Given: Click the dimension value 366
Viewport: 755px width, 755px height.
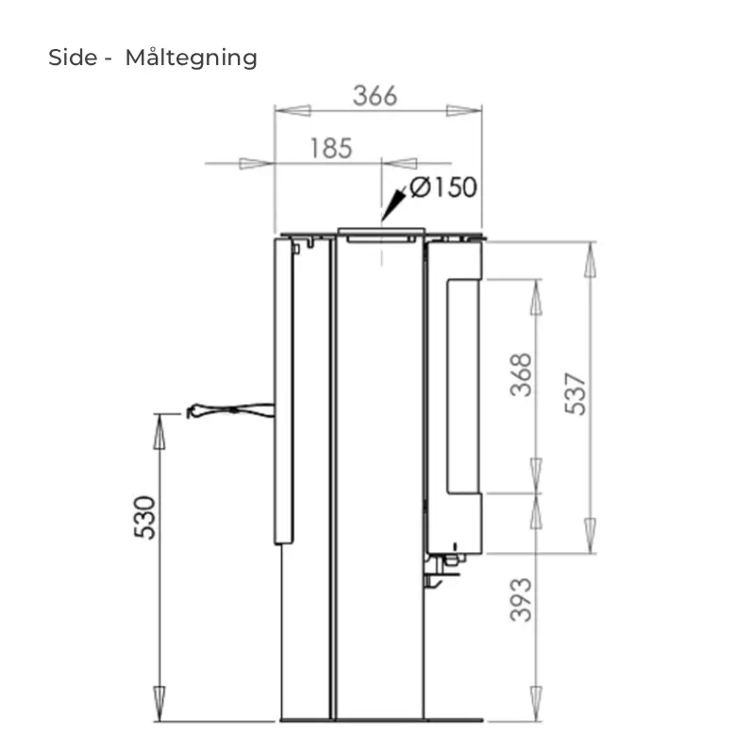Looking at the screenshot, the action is (375, 95).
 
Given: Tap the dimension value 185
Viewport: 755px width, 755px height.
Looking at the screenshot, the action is (331, 148).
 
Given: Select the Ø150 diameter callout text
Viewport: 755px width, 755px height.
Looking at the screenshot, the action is (444, 187).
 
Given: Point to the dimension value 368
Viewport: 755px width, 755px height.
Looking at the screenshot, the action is (521, 375).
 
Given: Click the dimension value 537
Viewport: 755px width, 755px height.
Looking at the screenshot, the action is (576, 394).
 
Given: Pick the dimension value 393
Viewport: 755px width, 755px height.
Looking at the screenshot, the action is (521, 599).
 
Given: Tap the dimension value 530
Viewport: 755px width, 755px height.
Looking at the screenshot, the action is (145, 517).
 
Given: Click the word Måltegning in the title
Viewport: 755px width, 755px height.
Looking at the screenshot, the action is (192, 58).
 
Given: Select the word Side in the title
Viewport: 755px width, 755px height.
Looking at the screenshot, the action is (73, 58).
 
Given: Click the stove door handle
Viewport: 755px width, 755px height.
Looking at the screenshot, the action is (230, 411).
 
